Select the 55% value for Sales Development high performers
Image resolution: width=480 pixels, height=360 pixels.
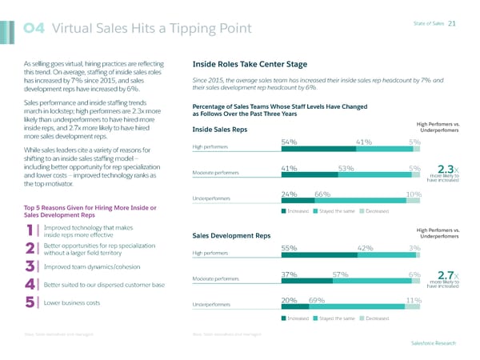point(290,248)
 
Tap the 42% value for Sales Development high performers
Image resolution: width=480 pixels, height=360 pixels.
point(366,248)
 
